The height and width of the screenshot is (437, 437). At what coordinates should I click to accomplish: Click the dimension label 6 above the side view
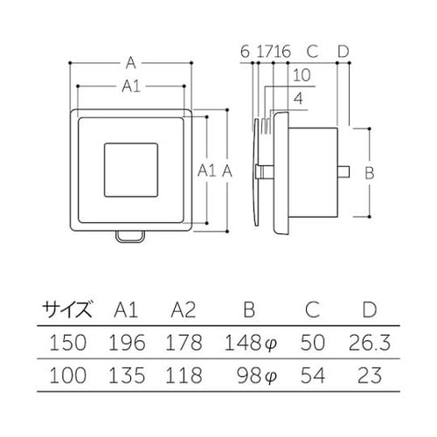[x=244, y=52]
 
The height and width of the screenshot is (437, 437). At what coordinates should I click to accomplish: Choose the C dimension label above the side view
[x=312, y=52]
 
